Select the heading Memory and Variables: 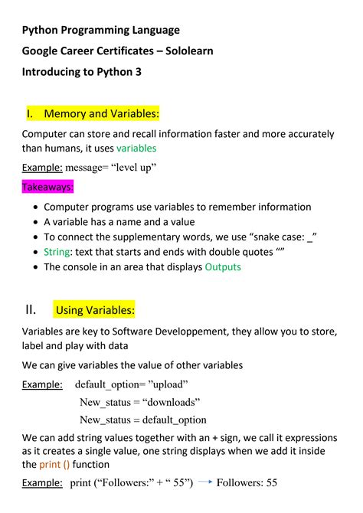101,114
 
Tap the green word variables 136,148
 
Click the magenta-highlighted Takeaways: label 47,187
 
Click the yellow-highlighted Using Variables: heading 95,310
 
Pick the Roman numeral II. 30,309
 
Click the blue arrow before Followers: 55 204,483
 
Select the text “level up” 129,168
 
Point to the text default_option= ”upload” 131,384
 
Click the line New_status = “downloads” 139,402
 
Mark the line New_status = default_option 143,420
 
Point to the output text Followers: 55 247,483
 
